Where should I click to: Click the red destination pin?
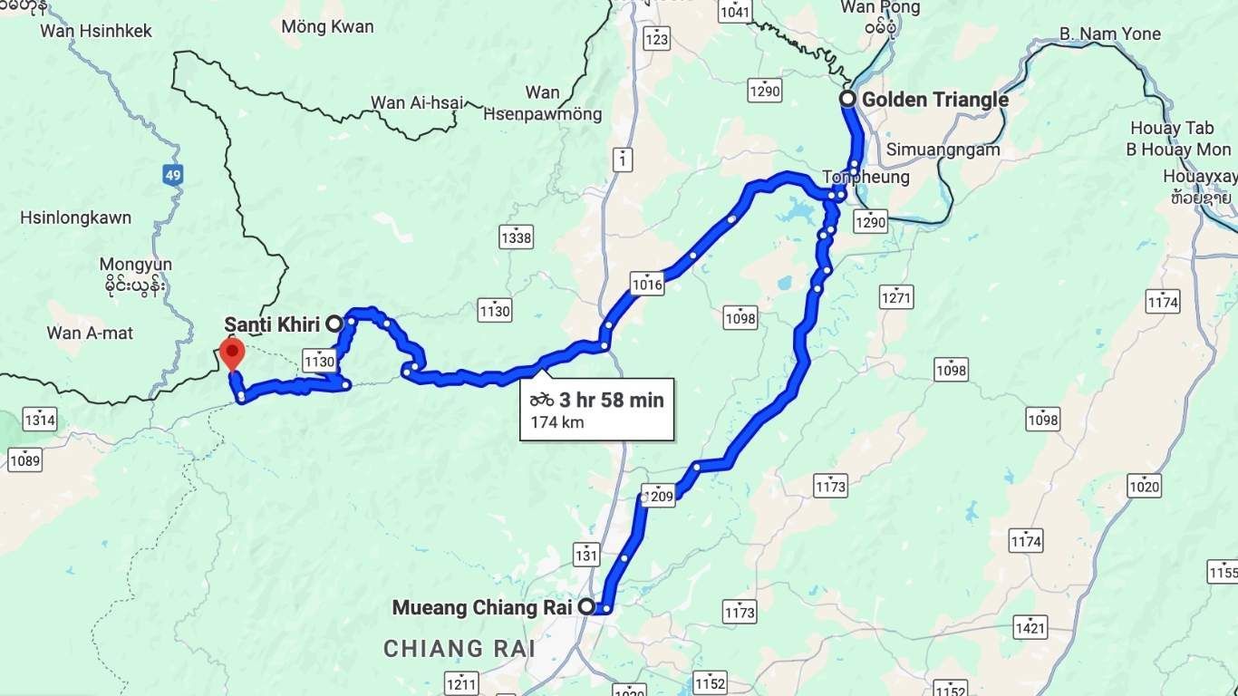tap(233, 352)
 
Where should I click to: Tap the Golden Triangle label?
tap(934, 100)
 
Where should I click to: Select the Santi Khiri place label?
tap(272, 324)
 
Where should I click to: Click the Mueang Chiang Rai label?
tap(481, 607)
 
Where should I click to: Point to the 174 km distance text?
tap(557, 421)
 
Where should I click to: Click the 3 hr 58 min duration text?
tap(611, 400)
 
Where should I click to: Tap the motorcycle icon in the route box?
tap(543, 400)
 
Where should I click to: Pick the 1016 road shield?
tap(648, 285)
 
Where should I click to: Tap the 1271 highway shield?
tap(896, 296)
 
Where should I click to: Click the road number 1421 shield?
tap(1030, 627)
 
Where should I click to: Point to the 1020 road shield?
tap(1145, 486)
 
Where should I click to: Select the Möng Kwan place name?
tap(327, 26)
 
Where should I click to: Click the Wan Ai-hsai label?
tap(417, 102)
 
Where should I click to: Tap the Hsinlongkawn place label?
tap(75, 217)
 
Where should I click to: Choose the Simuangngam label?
tap(943, 150)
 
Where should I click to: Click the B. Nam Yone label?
tap(1109, 34)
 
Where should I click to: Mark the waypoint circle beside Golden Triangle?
tap(847, 100)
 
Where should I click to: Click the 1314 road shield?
tap(40, 420)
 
